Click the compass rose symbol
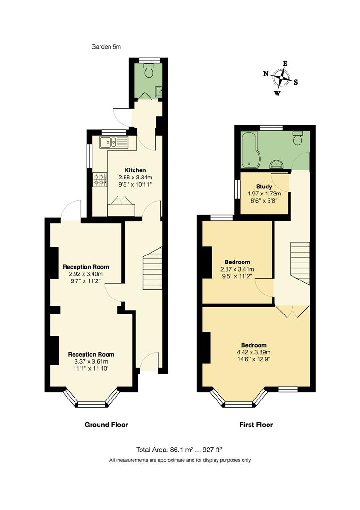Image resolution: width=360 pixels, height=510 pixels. pos(282,77)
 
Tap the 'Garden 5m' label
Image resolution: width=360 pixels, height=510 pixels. pos(106,46)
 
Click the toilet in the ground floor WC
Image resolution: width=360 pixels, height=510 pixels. pos(150,71)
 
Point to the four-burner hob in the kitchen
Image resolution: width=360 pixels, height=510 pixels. pos(100,179)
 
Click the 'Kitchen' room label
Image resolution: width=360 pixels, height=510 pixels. pos(135,170)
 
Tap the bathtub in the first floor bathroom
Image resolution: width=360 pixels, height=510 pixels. pos(250,149)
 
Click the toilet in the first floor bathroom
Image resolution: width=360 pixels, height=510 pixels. pos(298,138)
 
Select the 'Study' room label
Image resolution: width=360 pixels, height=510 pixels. pos(264,187)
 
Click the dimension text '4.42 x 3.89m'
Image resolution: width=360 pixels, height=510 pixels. pos(254,352)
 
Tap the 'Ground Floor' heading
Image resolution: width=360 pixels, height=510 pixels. pos(106,425)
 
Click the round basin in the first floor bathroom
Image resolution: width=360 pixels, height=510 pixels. pos(276,164)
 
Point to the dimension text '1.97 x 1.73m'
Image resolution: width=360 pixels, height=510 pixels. pos(264,194)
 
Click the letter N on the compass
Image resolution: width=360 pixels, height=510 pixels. pos(266,73)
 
